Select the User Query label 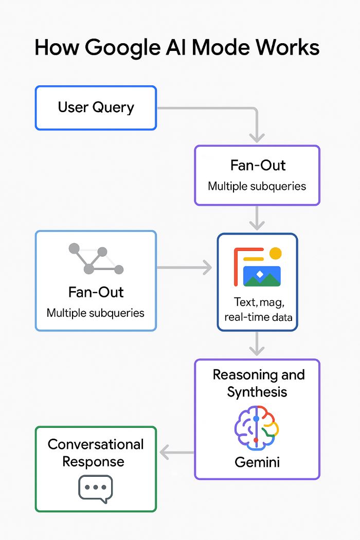[96, 107]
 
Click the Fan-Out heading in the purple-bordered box [257, 166]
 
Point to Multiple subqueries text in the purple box [257, 186]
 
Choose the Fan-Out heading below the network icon [96, 292]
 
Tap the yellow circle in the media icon [276, 253]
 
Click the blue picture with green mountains [262, 276]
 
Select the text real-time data [258, 317]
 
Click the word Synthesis [257, 392]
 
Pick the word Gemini [257, 462]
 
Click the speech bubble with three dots [95, 488]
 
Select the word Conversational [96, 444]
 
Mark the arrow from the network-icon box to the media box [185, 267]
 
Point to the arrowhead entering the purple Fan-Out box [257, 137]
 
